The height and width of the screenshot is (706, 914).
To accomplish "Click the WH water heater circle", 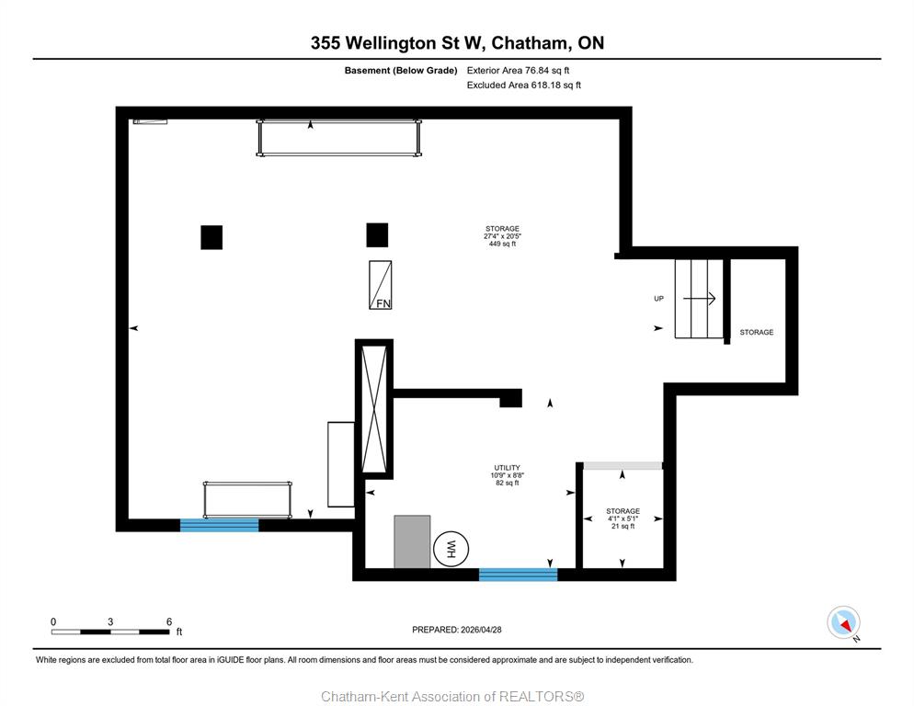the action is point(451,549).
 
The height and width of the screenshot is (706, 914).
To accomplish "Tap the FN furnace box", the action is point(380,284).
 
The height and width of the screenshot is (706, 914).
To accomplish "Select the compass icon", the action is point(843,622).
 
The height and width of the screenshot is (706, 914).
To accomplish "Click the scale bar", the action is point(110,632).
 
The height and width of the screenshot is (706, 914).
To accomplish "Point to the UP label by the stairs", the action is point(658,299).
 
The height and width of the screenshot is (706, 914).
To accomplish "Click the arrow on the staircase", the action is point(699,299).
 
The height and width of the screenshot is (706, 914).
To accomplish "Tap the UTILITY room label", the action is point(508,468).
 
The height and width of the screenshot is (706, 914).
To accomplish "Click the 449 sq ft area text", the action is point(502,244).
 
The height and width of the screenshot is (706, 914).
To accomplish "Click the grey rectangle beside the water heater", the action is point(412,541).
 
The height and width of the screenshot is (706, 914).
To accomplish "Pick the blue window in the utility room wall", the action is point(519,575).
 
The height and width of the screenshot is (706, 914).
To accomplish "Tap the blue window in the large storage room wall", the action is point(219,525).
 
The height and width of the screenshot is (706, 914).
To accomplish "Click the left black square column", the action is point(211,237).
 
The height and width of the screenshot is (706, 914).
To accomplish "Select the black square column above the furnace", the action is point(377,235).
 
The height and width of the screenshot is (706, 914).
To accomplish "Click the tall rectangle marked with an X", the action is point(374,409).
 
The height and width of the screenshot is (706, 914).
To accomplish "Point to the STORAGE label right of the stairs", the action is point(757,332).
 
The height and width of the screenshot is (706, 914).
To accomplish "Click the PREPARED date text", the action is point(457,630).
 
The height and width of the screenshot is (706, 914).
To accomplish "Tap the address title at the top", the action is point(457,42).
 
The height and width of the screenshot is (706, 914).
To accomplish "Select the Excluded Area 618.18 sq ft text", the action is point(524,85).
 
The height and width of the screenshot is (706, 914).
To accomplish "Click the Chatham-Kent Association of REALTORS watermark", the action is point(453,696).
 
